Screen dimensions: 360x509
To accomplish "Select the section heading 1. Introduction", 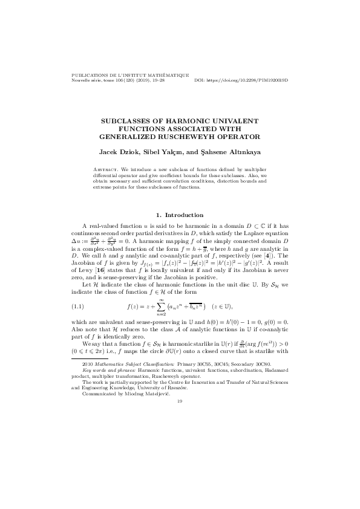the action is [180, 215].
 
